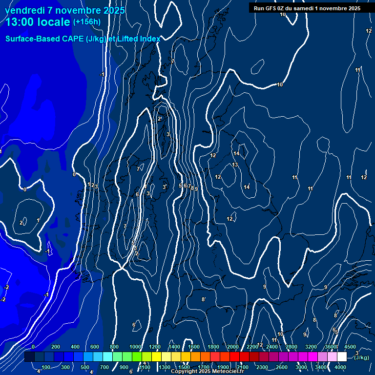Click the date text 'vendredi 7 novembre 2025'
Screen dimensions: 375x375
point(65,10)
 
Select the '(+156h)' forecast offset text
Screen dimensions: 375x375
point(87,21)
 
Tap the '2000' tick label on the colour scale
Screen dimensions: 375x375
point(233,347)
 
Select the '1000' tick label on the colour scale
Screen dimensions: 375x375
point(135,347)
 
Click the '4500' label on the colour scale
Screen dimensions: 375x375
point(350,347)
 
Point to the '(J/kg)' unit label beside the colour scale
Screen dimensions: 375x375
point(362,357)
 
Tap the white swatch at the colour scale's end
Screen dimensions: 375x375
point(342,357)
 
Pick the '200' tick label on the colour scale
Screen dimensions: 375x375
point(55,347)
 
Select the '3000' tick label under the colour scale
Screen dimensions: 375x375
point(301,367)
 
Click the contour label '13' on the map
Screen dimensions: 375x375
point(235,165)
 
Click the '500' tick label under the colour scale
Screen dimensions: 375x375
point(85,367)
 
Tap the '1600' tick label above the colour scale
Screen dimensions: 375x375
point(194,347)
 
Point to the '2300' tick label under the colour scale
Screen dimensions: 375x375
point(262,367)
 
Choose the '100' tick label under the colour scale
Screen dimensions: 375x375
point(46,367)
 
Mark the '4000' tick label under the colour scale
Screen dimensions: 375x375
point(340,367)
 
